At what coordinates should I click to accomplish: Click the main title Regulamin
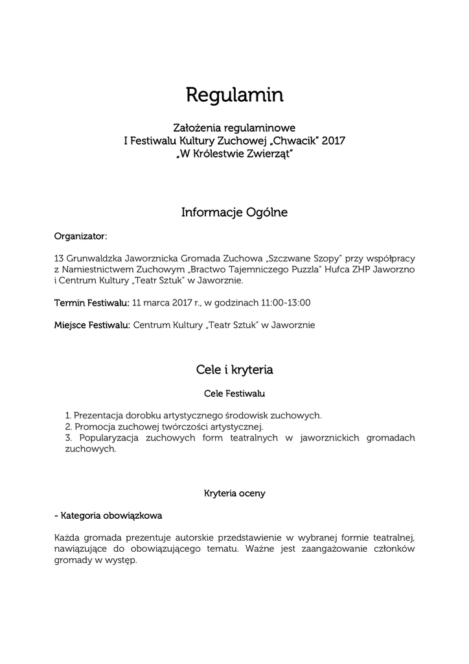pos(234,95)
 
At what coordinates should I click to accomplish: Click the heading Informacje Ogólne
pos(234,212)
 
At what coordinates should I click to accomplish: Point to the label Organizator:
pos(81,235)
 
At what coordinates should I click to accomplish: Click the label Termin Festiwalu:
pos(91,302)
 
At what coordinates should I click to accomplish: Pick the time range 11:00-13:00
pos(286,302)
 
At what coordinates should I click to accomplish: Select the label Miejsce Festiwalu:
pos(92,325)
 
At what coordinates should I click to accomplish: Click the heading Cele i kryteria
pos(234,370)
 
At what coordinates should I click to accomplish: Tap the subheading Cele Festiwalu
pos(234,393)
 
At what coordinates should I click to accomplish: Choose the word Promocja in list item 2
pos(95,427)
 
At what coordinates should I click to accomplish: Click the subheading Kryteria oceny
pos(234,493)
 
